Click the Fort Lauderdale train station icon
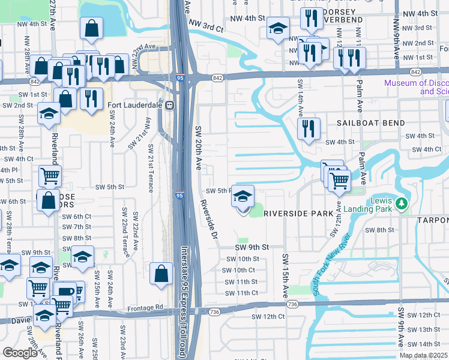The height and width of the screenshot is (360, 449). [x=170, y=105]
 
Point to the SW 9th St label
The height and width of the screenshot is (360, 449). [x=251, y=247]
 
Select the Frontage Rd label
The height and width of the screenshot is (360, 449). [x=145, y=308]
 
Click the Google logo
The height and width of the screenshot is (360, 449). [x=20, y=353]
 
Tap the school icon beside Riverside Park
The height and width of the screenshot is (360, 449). [x=243, y=197]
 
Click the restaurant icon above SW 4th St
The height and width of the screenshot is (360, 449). [x=309, y=128]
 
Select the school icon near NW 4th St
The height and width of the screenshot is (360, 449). [x=278, y=29]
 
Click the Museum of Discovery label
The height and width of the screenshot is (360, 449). [x=417, y=87]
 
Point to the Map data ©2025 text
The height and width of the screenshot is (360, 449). [x=423, y=355]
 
